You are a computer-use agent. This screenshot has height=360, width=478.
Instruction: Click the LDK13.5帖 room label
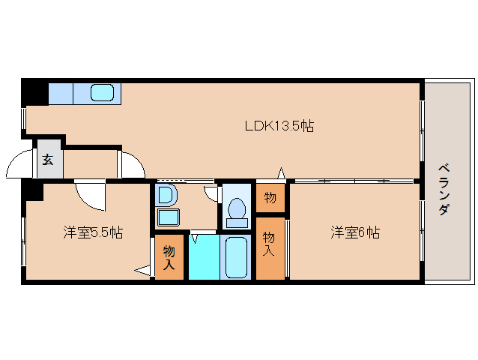279,127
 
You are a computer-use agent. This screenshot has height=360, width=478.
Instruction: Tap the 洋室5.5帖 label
93,233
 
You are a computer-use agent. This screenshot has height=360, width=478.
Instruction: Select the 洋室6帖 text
355,233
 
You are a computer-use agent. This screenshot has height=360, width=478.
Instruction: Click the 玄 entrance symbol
48,159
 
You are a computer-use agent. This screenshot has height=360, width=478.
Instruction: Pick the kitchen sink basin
103,93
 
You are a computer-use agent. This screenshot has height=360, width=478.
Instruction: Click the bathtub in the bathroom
238,257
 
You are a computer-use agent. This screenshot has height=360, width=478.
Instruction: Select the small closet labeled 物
270,198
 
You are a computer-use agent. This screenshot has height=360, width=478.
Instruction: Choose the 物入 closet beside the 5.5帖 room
169,258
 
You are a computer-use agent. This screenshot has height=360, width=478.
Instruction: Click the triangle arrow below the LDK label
282,174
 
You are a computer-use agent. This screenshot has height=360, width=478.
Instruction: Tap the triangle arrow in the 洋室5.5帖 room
143,270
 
